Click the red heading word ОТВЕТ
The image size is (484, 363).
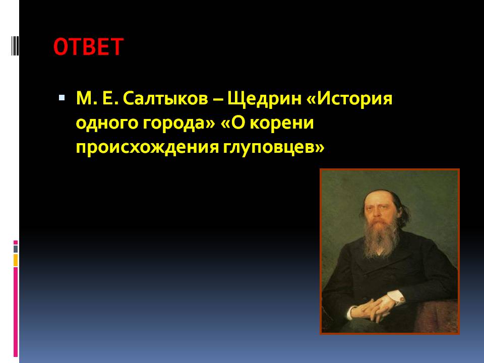(x=89, y=47)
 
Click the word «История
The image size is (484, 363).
(x=349, y=99)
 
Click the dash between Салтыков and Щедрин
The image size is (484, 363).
(x=218, y=100)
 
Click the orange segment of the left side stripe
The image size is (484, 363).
(x=16, y=260)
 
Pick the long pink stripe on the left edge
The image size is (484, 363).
(x=16, y=312)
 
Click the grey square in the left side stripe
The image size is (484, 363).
(x=16, y=249)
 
